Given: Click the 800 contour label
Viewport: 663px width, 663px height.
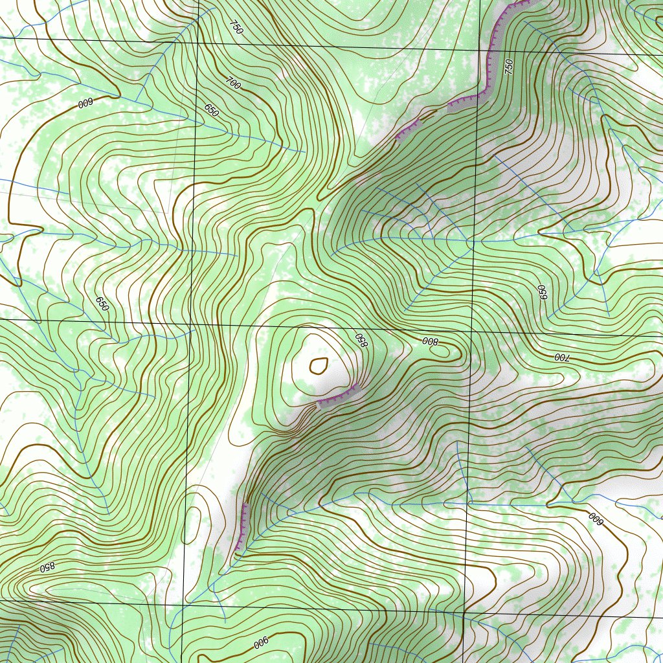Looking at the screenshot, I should pyautogui.click(x=430, y=341).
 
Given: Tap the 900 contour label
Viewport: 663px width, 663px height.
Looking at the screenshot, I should pyautogui.click(x=260, y=643).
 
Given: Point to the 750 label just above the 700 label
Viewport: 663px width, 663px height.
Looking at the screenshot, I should pyautogui.click(x=236, y=27).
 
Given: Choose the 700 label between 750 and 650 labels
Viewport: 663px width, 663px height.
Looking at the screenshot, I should pyautogui.click(x=234, y=82).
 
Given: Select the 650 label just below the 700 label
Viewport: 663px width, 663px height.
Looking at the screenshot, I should pyautogui.click(x=212, y=111).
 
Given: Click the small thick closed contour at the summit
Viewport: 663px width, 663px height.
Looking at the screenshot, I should pyautogui.click(x=318, y=366).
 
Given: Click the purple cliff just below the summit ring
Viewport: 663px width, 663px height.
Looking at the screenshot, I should pyautogui.click(x=337, y=396).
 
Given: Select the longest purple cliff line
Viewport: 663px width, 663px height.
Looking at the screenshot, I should pyautogui.click(x=492, y=52).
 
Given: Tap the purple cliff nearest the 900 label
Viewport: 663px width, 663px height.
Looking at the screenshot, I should pyautogui.click(x=242, y=526).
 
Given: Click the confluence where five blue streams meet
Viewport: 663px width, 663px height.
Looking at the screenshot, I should pyautogui.click(x=470, y=240).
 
